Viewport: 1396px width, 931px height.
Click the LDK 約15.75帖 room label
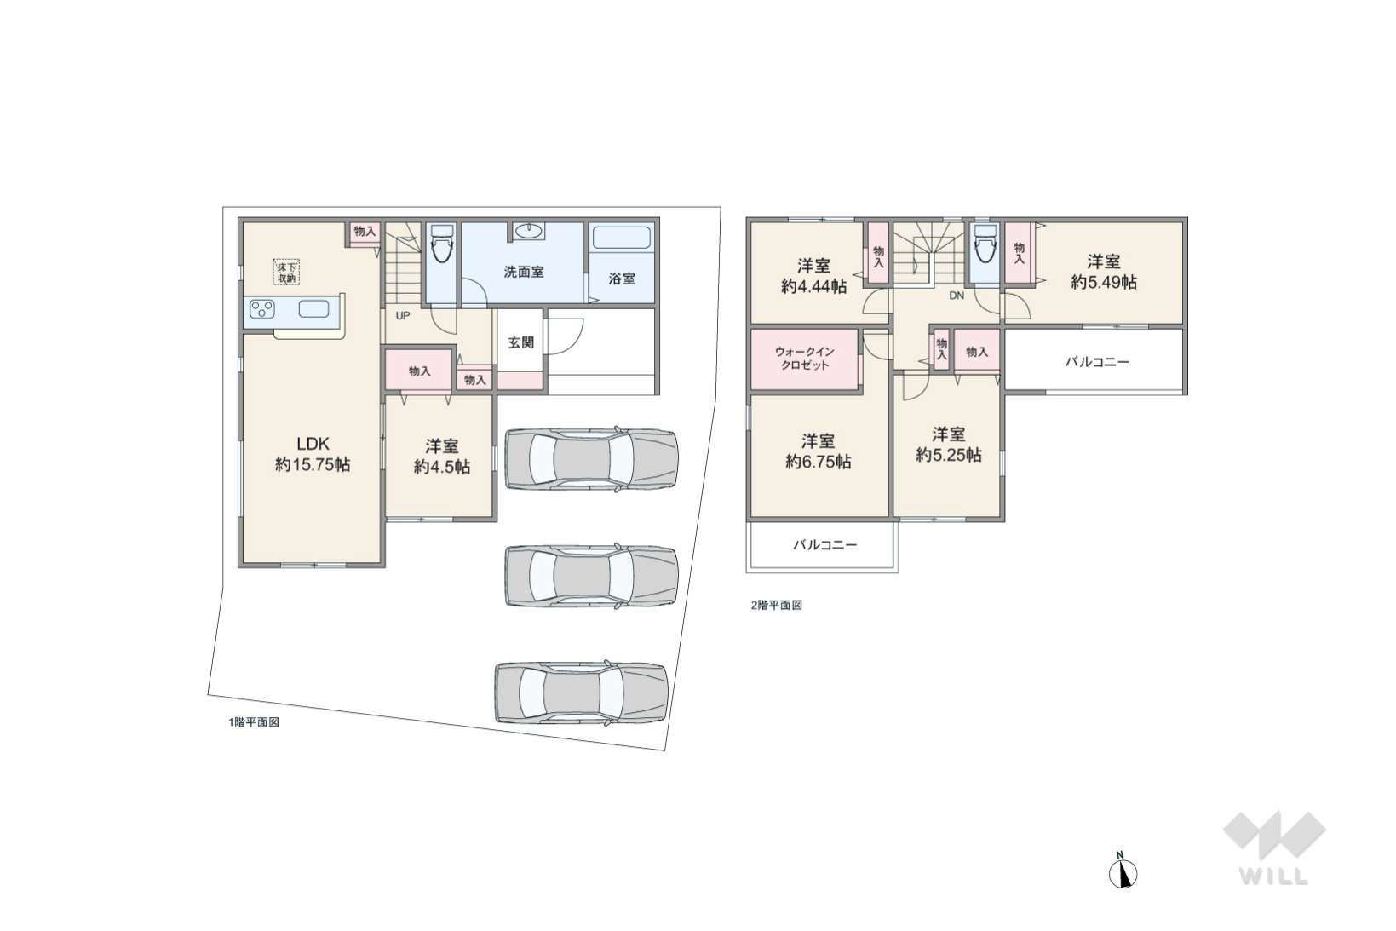pyautogui.click(x=313, y=454)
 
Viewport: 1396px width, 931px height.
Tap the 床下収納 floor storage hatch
pyautogui.click(x=287, y=273)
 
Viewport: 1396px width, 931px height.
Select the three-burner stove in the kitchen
pyautogui.click(x=262, y=309)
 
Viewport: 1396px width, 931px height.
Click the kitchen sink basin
pyautogui.click(x=314, y=309)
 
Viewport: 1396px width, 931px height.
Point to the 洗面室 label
pyautogui.click(x=524, y=273)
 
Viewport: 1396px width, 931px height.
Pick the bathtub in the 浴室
pyautogui.click(x=622, y=238)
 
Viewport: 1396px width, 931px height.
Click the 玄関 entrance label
pyautogui.click(x=520, y=342)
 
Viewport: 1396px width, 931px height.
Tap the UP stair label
pyautogui.click(x=403, y=316)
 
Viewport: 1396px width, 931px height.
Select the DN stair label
pyautogui.click(x=956, y=296)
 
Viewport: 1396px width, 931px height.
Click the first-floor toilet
pyautogui.click(x=442, y=244)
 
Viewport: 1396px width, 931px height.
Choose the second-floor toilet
pyautogui.click(x=985, y=244)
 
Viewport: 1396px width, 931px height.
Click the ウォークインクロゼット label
pyautogui.click(x=805, y=359)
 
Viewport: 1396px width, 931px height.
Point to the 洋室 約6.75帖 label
pyautogui.click(x=819, y=451)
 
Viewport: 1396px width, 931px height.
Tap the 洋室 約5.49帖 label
pyautogui.click(x=1104, y=273)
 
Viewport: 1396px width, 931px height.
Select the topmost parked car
pyautogui.click(x=591, y=458)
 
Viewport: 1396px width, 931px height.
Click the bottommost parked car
pyautogui.click(x=582, y=693)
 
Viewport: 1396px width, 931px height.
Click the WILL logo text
pyautogui.click(x=1274, y=876)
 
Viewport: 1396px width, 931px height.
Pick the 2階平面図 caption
pyautogui.click(x=777, y=605)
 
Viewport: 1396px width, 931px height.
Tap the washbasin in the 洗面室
pyautogui.click(x=529, y=231)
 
